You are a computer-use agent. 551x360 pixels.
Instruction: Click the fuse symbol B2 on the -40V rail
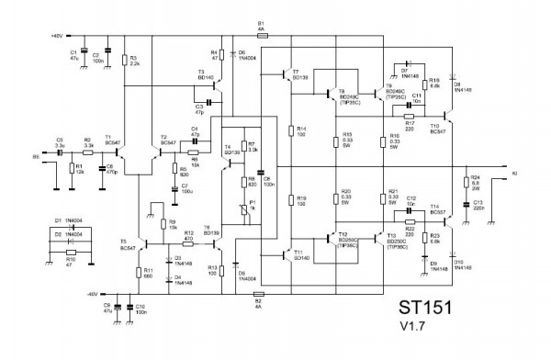pyautogui.click(x=258, y=294)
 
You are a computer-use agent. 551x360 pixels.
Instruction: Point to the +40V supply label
pyautogui.click(x=54, y=36)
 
